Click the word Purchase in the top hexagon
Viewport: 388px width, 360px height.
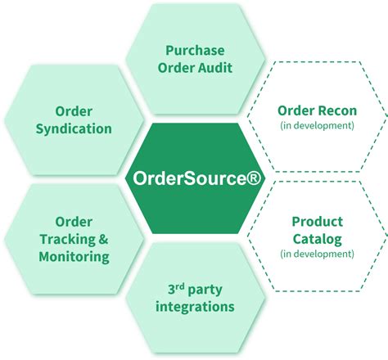point(195,50)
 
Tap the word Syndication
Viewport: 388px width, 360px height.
point(74,128)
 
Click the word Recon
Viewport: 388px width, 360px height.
point(336,110)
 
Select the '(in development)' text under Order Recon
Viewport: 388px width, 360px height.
point(316,126)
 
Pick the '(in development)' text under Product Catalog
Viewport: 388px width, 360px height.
point(316,254)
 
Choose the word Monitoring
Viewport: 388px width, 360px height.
point(74,257)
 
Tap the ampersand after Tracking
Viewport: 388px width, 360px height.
point(102,239)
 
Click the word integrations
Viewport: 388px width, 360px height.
point(195,307)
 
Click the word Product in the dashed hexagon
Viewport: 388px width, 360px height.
point(316,221)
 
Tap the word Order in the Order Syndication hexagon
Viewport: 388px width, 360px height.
point(74,110)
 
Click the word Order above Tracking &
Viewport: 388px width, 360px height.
point(74,221)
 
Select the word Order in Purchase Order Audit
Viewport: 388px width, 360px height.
point(175,68)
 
